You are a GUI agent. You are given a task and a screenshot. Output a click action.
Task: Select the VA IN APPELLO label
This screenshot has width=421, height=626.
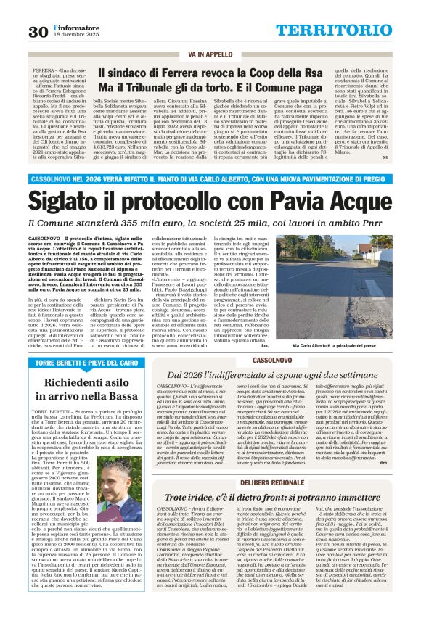[x=210, y=54]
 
